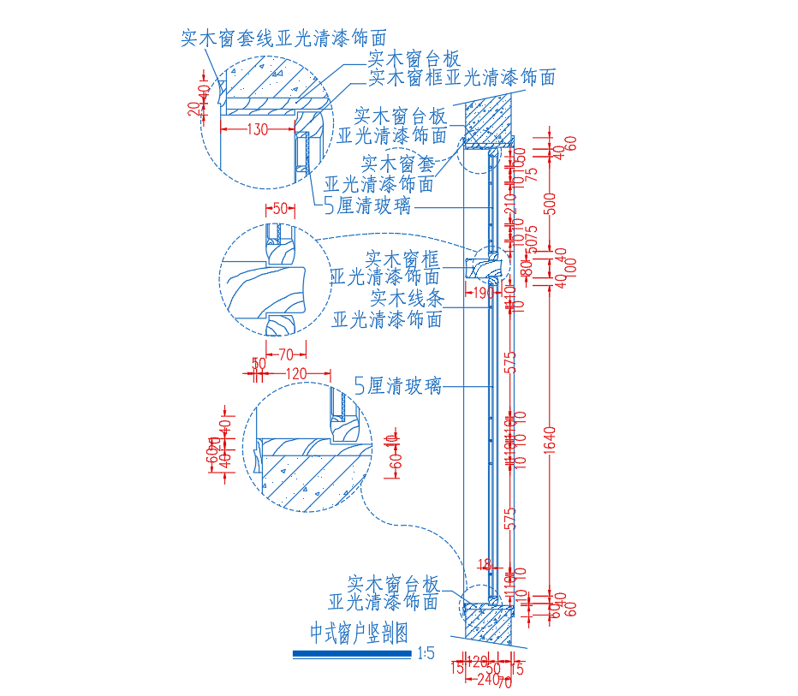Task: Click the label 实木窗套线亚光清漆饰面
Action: point(283,39)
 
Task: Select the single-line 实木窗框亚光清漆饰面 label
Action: point(462,79)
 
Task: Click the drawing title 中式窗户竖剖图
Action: point(357,633)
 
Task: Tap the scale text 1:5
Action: point(426,654)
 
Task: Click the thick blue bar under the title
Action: point(352,654)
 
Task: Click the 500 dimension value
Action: point(551,204)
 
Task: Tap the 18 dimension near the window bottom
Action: point(485,564)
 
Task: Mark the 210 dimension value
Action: point(511,203)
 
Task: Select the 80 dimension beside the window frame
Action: point(527,268)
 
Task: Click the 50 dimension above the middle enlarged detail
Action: point(279,208)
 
